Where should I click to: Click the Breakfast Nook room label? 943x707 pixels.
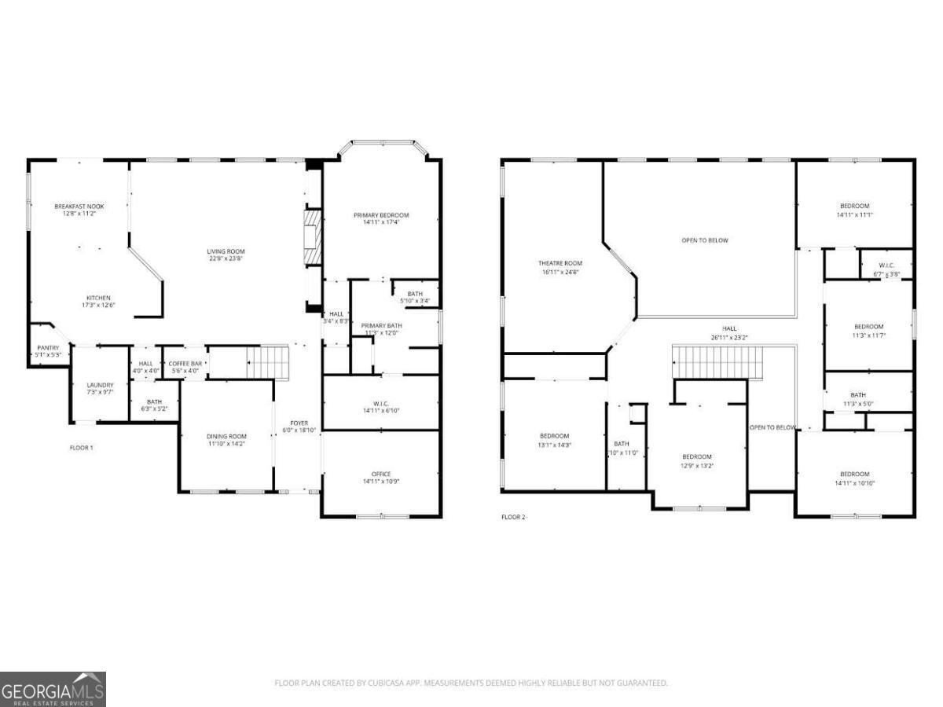pyautogui.click(x=79, y=206)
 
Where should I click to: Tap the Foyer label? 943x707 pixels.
pyautogui.click(x=299, y=423)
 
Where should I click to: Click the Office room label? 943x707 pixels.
pyautogui.click(x=381, y=474)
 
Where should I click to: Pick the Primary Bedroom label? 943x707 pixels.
pyautogui.click(x=381, y=215)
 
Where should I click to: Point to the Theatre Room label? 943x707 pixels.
pyautogui.click(x=560, y=263)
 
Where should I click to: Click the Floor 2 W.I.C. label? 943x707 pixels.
pyautogui.click(x=886, y=266)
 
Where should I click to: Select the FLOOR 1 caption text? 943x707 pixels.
pyautogui.click(x=81, y=448)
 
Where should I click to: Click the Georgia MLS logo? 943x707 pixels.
pyautogui.click(x=53, y=689)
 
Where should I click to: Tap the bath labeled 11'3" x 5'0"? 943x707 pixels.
pyautogui.click(x=857, y=395)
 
